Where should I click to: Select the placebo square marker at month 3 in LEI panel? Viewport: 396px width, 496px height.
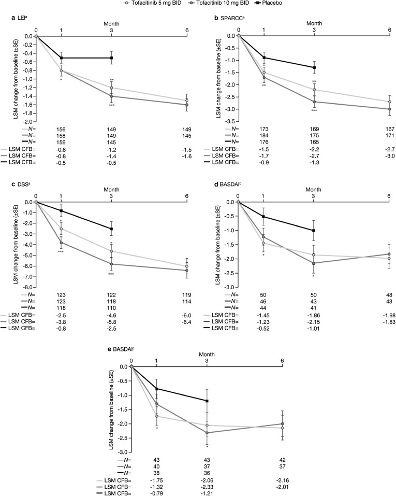click(111, 58)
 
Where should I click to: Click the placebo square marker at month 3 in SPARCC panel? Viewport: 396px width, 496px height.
click(314, 67)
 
